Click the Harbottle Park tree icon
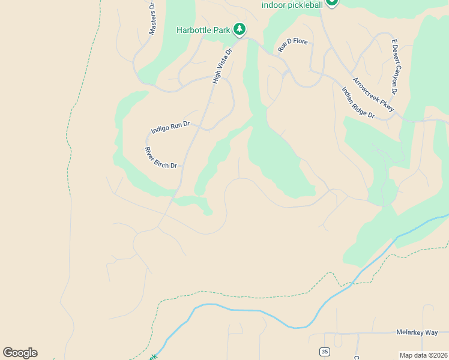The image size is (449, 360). point(240,29)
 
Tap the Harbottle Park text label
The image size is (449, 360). point(203,29)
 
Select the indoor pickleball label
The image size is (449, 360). point(292,5)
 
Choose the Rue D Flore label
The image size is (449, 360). point(292,44)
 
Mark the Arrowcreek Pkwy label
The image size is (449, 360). point(373,95)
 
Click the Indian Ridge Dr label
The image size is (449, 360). point(358,103)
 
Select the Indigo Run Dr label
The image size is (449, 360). point(170,127)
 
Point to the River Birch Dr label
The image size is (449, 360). point(160,158)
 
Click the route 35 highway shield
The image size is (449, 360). point(325,351)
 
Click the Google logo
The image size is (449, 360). point(20,353)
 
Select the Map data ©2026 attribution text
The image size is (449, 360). point(423,355)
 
